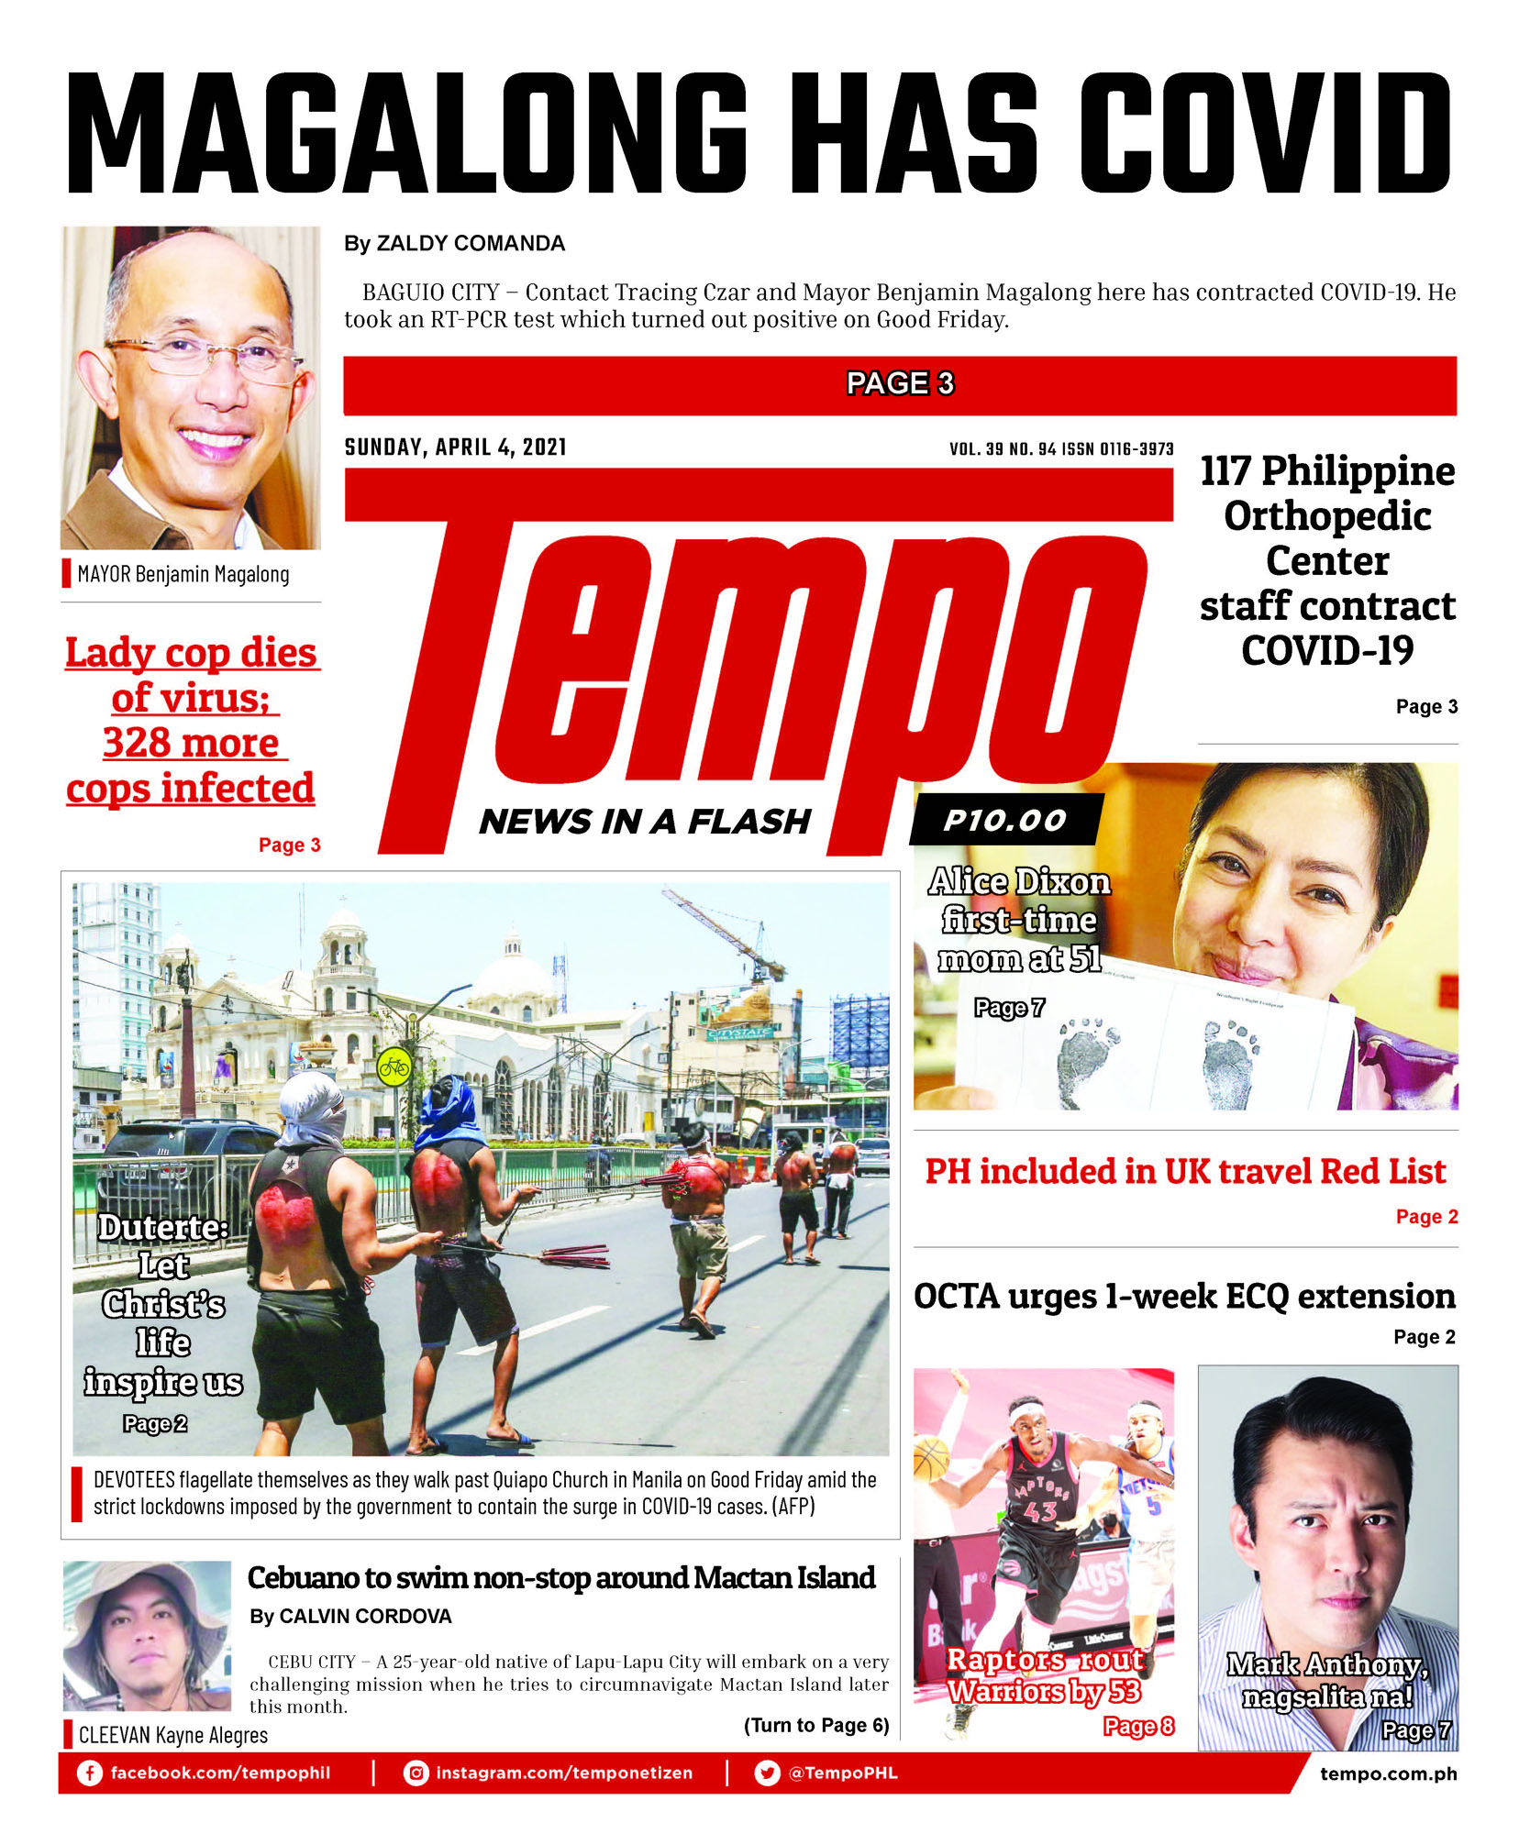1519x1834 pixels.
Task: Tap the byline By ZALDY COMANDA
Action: (454, 244)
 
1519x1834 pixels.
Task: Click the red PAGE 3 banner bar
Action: (899, 384)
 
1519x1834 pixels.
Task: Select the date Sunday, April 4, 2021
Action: (455, 447)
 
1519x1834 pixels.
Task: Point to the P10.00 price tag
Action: (1005, 820)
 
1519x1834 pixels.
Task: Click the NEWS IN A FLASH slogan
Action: (645, 822)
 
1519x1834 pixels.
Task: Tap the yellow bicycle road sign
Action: (394, 1067)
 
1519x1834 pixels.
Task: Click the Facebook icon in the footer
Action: (89, 1773)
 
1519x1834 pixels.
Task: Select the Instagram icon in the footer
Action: (416, 1773)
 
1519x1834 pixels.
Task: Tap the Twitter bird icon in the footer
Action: (767, 1773)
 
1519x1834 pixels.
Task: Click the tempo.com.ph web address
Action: (1388, 1773)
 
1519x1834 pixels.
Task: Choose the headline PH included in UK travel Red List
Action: (1184, 1171)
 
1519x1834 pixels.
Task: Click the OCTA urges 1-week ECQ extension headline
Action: (1184, 1297)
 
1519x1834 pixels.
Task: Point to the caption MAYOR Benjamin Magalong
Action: (183, 575)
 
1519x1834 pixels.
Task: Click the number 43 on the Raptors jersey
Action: (1039, 1510)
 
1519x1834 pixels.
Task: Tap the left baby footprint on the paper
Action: (1088, 1059)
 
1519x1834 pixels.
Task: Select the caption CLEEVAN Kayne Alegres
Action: (172, 1735)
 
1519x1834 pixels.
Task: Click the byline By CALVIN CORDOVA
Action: (350, 1617)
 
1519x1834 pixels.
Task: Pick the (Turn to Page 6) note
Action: (815, 1725)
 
